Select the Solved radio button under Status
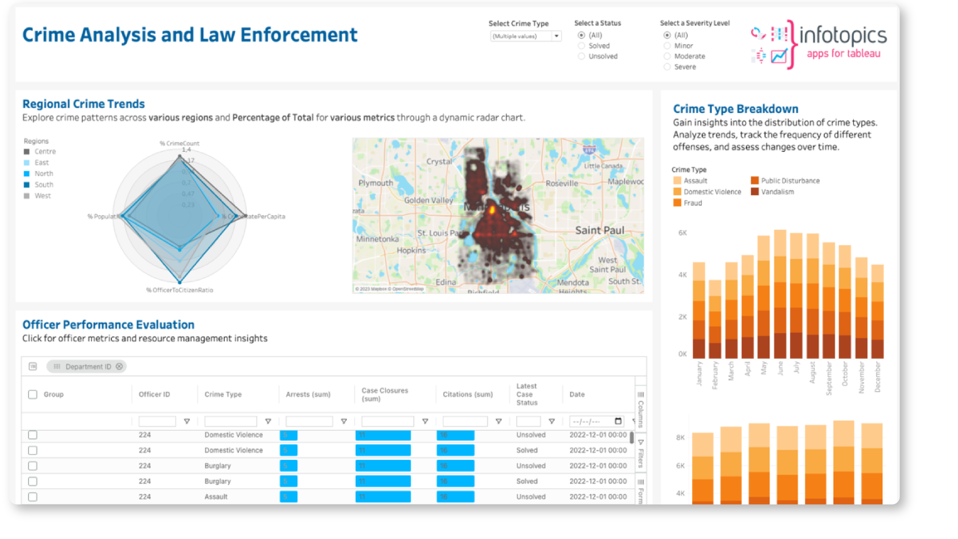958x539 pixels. tap(581, 46)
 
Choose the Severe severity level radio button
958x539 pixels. tap(667, 67)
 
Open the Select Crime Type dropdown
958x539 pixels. tap(556, 36)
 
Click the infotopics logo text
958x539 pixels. tap(843, 35)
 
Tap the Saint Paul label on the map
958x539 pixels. tap(600, 231)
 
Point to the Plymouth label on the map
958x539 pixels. tap(376, 183)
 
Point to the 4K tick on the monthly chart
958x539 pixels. tap(682, 275)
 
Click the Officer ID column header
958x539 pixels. tap(154, 394)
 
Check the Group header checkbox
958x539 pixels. tap(33, 394)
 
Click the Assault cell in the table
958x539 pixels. tap(216, 497)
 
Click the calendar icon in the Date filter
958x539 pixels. tap(618, 421)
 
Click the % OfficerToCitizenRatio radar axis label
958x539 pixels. tap(180, 290)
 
